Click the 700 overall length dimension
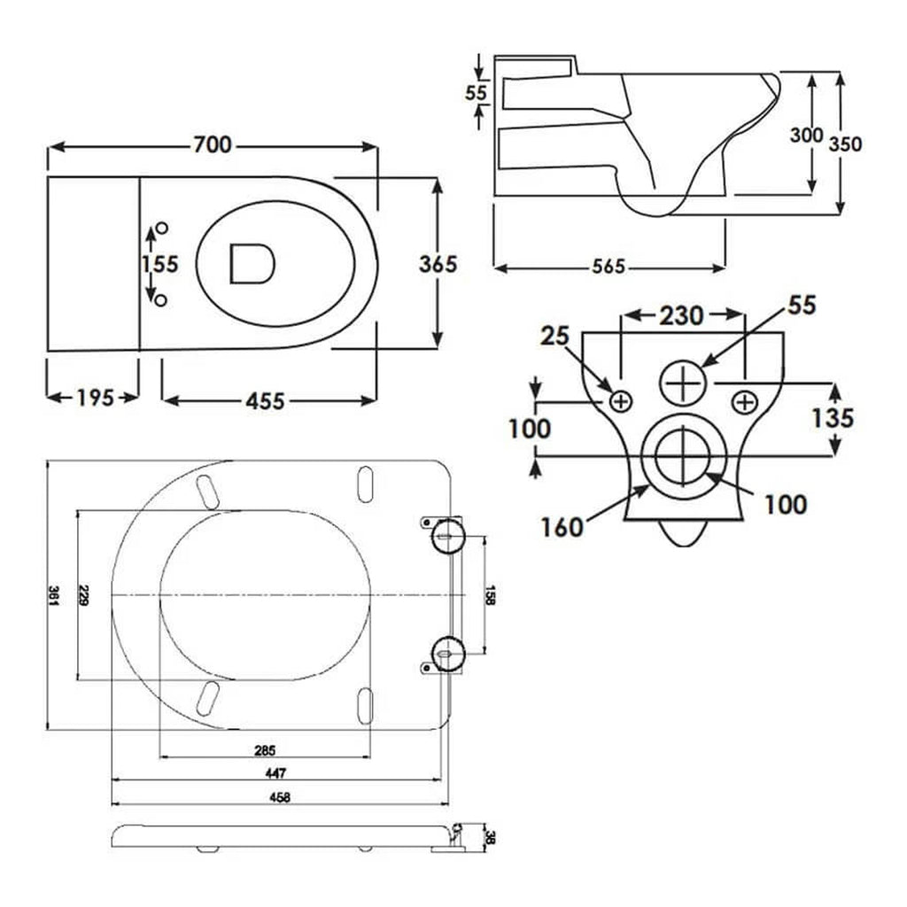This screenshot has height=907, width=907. pyautogui.click(x=213, y=144)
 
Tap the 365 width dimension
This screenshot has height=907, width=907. pyautogui.click(x=438, y=264)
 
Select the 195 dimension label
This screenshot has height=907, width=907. pyautogui.click(x=95, y=398)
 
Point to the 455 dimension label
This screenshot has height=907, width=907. pyautogui.click(x=265, y=401)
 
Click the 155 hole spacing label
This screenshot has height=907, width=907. pyautogui.click(x=160, y=264)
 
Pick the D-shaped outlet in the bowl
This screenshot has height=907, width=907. pyautogui.click(x=252, y=264)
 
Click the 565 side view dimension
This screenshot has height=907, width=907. pyautogui.click(x=609, y=266)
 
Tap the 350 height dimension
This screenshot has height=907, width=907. pyautogui.click(x=845, y=143)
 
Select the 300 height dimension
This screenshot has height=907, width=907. pyautogui.click(x=806, y=135)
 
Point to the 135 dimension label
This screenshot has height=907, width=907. pyautogui.click(x=833, y=418)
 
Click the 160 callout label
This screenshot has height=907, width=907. pyautogui.click(x=561, y=527)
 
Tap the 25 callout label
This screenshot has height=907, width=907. pyautogui.click(x=554, y=336)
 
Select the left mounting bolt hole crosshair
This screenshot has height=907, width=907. pyautogui.click(x=621, y=401)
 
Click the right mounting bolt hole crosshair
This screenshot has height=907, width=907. pyautogui.click(x=744, y=402)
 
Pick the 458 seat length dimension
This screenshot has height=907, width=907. pyautogui.click(x=280, y=797)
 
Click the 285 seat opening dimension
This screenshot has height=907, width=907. pyautogui.click(x=265, y=751)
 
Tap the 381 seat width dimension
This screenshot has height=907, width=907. pyautogui.click(x=53, y=595)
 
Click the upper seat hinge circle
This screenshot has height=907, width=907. pyautogui.click(x=448, y=536)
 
